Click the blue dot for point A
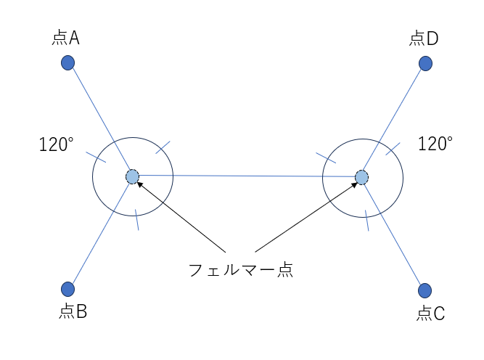coord(68,63)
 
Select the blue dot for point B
coord(68,289)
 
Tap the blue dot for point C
coord(425,290)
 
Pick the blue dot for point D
coord(426,64)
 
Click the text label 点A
coord(66,38)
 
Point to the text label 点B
coord(73,312)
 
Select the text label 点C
coord(431,314)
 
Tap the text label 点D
coord(424,38)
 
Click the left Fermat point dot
coord(132,176)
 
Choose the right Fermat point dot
coord(361,177)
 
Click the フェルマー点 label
coord(240,270)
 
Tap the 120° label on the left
coord(57,144)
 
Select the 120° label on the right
coord(435,144)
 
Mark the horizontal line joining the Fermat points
coord(247,176)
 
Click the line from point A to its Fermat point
coord(100,120)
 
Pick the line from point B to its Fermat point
coord(100,232)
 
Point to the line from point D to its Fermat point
coord(394,120)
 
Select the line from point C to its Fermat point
coord(393,234)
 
